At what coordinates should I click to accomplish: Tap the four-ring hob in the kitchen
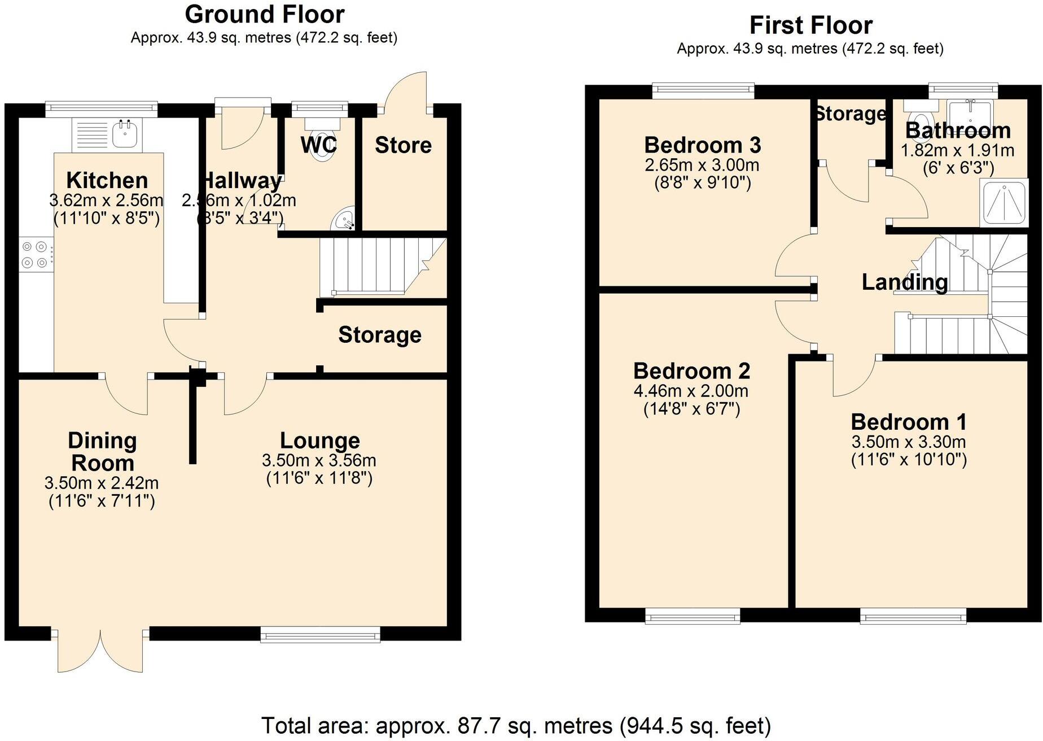(x=35, y=255)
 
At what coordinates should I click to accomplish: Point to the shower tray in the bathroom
(x=1005, y=202)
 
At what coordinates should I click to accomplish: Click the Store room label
(x=403, y=146)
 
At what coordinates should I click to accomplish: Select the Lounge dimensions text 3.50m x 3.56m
(x=319, y=460)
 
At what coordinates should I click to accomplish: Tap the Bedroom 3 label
(x=702, y=146)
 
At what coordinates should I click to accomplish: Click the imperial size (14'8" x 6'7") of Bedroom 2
(x=691, y=409)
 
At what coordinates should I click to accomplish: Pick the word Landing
(x=904, y=282)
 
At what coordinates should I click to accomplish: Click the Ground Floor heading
(x=265, y=15)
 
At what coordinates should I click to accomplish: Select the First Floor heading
(x=810, y=26)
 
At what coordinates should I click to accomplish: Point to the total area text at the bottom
(x=516, y=726)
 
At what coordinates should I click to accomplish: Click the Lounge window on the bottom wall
(x=320, y=634)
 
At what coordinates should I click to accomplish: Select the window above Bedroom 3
(x=703, y=90)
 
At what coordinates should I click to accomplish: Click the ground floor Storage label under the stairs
(x=379, y=335)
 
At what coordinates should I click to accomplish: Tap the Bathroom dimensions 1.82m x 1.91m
(x=957, y=151)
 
